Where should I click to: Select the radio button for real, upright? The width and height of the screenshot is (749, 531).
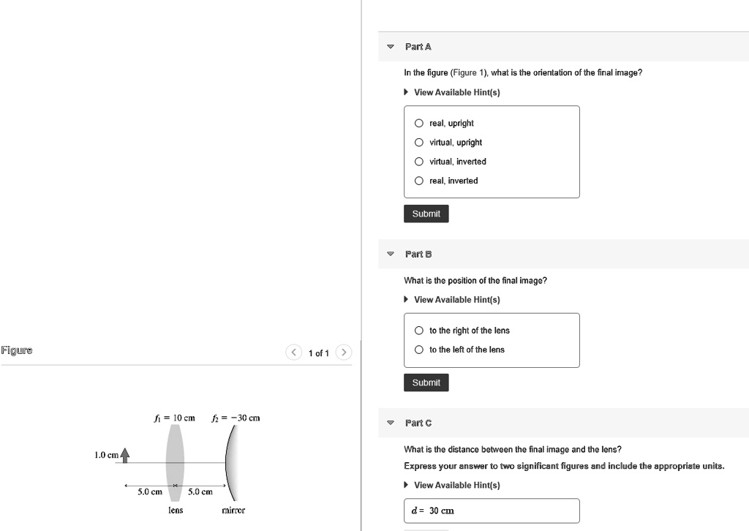point(419,124)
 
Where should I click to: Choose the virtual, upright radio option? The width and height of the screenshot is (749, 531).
point(419,143)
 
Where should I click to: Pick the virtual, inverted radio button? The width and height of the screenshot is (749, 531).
point(419,162)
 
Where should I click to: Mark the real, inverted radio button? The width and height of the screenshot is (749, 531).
point(419,181)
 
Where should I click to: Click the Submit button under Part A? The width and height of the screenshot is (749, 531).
point(426,214)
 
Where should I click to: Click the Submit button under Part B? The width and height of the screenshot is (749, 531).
point(426,383)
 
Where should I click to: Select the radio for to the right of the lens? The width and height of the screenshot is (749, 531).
point(419,331)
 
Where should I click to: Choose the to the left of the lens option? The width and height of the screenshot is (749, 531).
point(419,350)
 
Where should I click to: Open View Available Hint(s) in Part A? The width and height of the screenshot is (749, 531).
point(456,92)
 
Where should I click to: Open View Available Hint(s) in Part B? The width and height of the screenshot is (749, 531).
point(456,300)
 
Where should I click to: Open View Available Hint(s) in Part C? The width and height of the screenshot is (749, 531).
point(456,485)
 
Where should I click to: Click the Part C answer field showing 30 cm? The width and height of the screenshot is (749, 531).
point(492,511)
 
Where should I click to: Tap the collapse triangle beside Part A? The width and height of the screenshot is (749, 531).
point(391,47)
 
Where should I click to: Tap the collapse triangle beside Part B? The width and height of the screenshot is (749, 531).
point(391,255)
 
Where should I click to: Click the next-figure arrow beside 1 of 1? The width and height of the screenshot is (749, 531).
point(345,353)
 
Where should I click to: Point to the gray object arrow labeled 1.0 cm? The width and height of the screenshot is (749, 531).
point(125,456)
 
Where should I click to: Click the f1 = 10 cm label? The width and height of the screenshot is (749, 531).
point(175,418)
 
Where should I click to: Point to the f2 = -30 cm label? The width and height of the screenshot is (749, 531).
point(235,418)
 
